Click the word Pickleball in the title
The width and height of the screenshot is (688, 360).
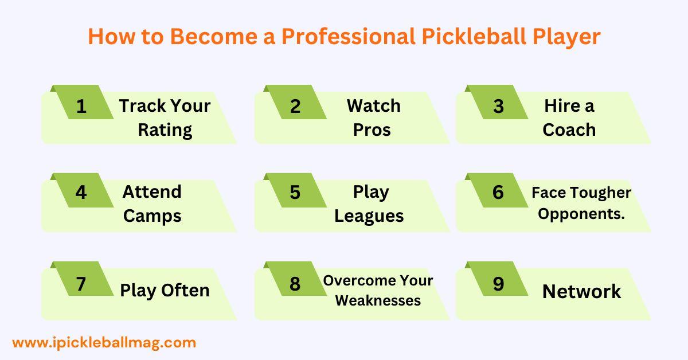click(474, 36)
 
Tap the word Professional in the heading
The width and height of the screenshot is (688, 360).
click(349, 36)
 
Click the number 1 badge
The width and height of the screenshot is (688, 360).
click(81, 102)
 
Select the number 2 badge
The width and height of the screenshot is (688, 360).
click(295, 102)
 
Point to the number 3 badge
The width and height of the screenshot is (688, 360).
click(497, 102)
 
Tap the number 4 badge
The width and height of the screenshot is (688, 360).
click(81, 190)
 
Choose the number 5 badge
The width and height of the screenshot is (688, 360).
click(295, 190)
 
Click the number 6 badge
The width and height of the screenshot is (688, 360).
click(497, 190)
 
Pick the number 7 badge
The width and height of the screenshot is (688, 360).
click(81, 279)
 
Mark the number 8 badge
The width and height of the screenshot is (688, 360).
click(295, 279)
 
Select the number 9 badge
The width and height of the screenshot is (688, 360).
click(497, 279)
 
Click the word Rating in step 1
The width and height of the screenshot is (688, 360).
click(165, 131)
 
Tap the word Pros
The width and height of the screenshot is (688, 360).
click(372, 130)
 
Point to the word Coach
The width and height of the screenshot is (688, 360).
click(569, 130)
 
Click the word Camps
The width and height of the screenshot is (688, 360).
click(153, 217)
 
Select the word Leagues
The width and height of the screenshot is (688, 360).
click(369, 217)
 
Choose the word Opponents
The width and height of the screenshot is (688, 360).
click(581, 214)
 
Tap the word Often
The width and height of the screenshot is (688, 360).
click(185, 290)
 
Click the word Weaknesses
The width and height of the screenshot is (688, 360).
click(378, 300)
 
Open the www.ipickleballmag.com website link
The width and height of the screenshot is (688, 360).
click(104, 343)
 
